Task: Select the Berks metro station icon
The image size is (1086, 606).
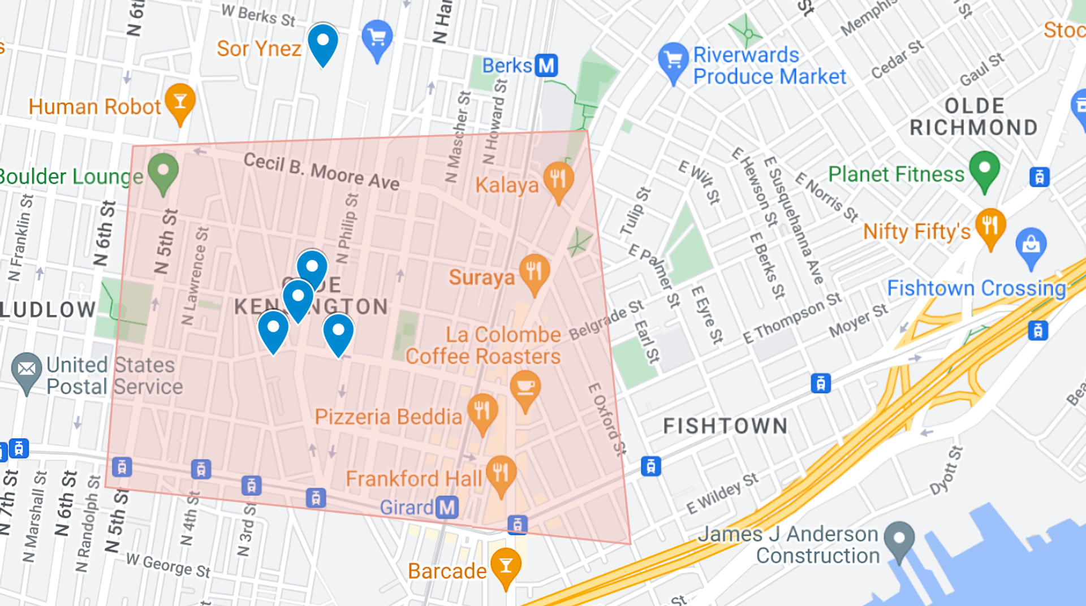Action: coord(546,66)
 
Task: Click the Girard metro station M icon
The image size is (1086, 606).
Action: coord(447,507)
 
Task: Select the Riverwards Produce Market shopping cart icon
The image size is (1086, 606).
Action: coord(673,59)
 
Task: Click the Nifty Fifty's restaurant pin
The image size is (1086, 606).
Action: coord(990,226)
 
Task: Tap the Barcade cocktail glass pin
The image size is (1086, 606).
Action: coord(506,565)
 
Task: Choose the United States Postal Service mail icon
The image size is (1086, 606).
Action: coord(27,369)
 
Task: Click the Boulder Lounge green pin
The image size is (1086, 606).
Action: coord(163,170)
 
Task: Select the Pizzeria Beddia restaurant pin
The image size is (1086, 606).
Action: coord(482,410)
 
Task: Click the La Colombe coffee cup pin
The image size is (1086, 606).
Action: coord(525,387)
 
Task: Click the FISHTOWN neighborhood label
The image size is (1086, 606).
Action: coord(725,426)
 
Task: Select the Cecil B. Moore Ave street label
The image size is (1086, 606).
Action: coord(321,171)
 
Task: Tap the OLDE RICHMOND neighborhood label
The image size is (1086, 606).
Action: coord(974,116)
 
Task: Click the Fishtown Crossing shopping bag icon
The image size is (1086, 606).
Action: coord(1031,245)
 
